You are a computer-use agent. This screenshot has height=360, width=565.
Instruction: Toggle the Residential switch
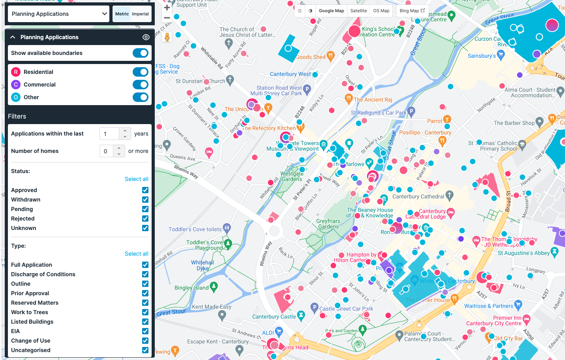(x=140, y=72)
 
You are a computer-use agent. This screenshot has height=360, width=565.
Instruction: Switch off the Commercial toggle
(x=140, y=85)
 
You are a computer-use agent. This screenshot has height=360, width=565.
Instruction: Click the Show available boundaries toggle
(x=140, y=53)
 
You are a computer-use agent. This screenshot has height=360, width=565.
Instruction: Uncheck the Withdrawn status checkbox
(x=145, y=200)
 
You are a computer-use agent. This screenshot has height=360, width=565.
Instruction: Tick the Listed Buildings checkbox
(x=145, y=322)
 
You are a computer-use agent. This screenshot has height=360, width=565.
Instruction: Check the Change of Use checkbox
(x=145, y=341)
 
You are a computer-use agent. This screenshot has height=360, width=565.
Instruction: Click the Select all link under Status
(x=136, y=179)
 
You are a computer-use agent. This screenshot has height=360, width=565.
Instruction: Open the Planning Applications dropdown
(x=58, y=14)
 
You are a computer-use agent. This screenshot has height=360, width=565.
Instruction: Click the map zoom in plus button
(x=167, y=8)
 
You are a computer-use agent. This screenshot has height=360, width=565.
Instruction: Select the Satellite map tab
(x=359, y=11)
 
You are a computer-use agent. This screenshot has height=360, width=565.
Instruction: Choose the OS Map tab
(x=381, y=11)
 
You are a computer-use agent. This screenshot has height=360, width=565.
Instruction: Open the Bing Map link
(x=412, y=11)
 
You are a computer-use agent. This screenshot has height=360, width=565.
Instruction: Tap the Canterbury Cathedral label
(x=418, y=196)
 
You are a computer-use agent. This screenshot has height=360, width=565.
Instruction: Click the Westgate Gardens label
(x=292, y=176)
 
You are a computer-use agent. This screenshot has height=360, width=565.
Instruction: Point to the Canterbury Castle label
(x=274, y=317)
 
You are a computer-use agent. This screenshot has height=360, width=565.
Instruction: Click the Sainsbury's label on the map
(x=482, y=56)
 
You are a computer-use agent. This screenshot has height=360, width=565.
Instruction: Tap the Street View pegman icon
(x=167, y=37)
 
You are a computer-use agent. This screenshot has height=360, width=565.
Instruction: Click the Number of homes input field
(x=106, y=151)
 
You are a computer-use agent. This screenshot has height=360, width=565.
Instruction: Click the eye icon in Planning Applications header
(x=146, y=37)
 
